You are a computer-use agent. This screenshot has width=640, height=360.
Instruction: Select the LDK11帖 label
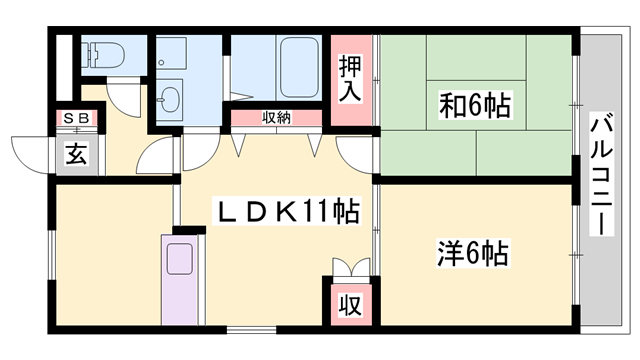click(290, 213)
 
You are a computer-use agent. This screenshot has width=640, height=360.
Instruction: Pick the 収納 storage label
click(277, 118)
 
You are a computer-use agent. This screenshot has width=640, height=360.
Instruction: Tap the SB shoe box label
click(76, 120)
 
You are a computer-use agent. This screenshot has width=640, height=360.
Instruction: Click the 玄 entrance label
click(76, 155)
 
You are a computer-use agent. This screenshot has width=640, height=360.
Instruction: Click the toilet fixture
click(100, 56)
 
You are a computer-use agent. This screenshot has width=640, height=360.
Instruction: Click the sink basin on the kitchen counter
click(182, 258)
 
